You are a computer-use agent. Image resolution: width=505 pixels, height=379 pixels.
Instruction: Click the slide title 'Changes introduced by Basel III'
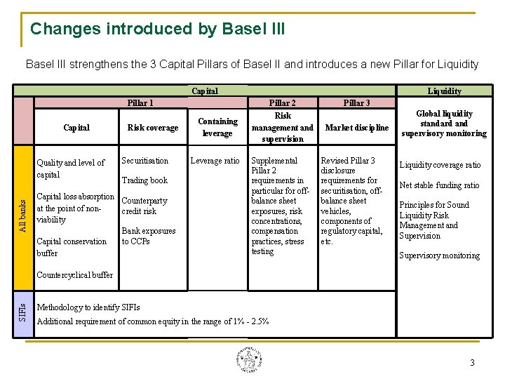coord(157,29)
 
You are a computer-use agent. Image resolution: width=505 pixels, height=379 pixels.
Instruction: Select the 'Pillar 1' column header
coord(141,103)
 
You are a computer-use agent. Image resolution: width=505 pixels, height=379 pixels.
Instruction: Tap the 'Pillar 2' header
coord(283,103)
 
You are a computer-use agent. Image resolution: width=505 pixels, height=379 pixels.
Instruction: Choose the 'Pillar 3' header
coord(356,103)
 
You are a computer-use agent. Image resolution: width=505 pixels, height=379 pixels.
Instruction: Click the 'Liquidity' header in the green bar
coord(445,91)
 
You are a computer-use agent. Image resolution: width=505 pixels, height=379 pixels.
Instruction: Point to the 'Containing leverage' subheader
coord(217,127)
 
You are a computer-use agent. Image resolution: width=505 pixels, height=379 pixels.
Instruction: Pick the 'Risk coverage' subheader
coord(153,128)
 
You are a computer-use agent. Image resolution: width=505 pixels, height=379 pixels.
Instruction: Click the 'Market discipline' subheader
coord(356,128)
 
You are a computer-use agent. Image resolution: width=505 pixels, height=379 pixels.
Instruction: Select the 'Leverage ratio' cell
coord(215,161)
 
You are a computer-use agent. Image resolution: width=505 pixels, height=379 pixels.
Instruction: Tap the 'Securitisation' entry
coord(145,161)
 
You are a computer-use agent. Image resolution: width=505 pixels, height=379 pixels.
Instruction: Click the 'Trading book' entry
coord(145,180)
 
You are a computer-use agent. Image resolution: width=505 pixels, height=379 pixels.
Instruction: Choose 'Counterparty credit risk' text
coord(144,206)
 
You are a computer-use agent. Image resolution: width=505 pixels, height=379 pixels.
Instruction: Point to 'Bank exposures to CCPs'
coord(149,236)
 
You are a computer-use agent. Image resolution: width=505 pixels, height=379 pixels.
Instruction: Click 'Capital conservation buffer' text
coord(72,247)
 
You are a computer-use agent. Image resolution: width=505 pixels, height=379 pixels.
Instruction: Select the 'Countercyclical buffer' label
coord(74,274)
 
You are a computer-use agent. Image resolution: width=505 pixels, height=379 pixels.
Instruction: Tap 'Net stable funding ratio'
coord(439,185)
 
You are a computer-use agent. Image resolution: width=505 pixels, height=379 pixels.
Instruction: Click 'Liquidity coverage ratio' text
coord(440,165)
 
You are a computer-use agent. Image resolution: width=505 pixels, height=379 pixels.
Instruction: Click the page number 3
coord(472,363)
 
